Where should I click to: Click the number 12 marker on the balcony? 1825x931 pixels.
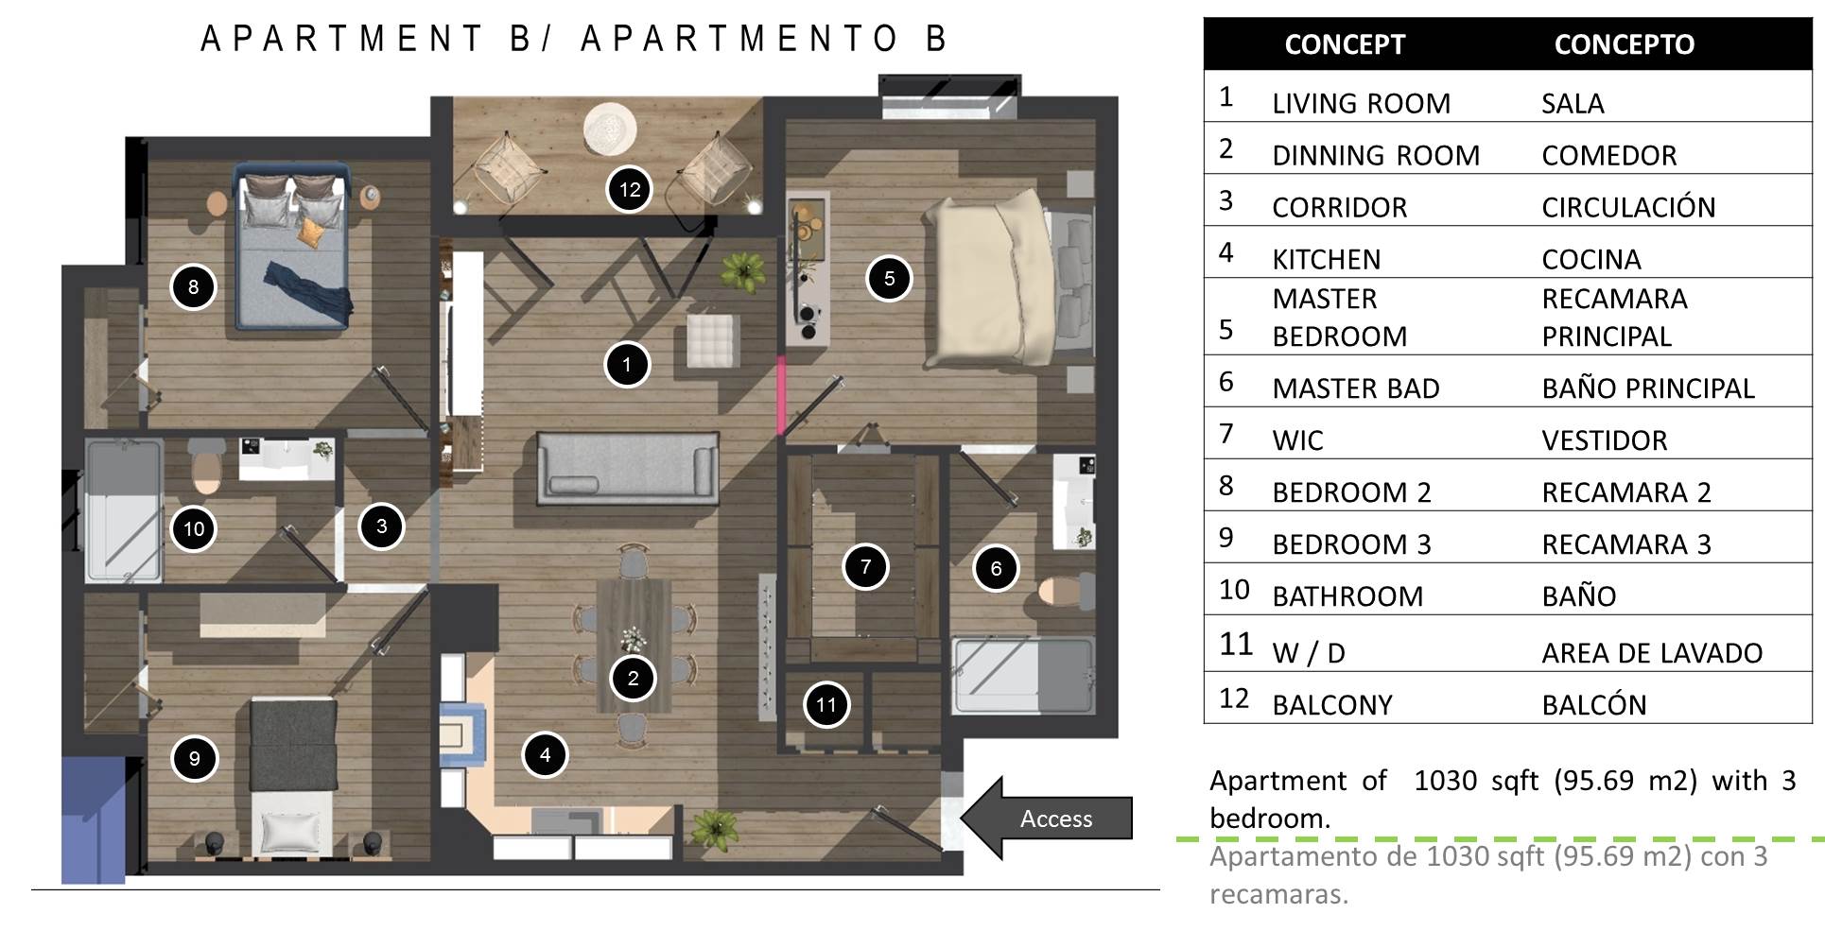(630, 189)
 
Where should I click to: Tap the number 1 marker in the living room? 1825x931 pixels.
(627, 364)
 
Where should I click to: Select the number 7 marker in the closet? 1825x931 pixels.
(865, 566)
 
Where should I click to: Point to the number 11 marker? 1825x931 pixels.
(826, 704)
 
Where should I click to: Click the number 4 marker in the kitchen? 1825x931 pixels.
(545, 754)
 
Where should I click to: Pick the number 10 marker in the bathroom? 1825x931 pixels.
(194, 528)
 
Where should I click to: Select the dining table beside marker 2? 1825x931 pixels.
(633, 646)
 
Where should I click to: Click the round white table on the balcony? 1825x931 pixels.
(610, 128)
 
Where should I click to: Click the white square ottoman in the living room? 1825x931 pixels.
(713, 339)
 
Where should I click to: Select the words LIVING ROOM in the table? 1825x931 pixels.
(1361, 103)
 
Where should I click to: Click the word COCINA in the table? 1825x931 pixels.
(1591, 259)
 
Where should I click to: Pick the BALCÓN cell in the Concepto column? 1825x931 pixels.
(1594, 704)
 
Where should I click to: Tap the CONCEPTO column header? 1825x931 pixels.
(1625, 44)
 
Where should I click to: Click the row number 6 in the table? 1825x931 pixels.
(1226, 382)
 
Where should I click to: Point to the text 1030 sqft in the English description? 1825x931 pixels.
(1476, 781)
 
